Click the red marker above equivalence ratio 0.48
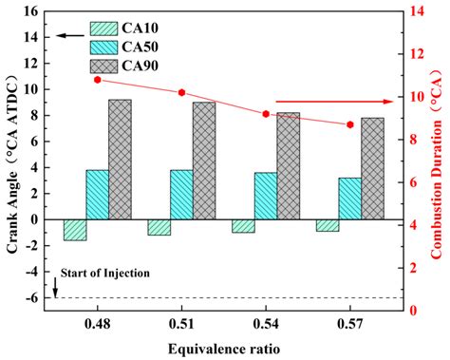(98, 80)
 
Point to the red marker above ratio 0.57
(350, 124)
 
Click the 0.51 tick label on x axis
(181, 325)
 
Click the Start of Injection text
(104, 273)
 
